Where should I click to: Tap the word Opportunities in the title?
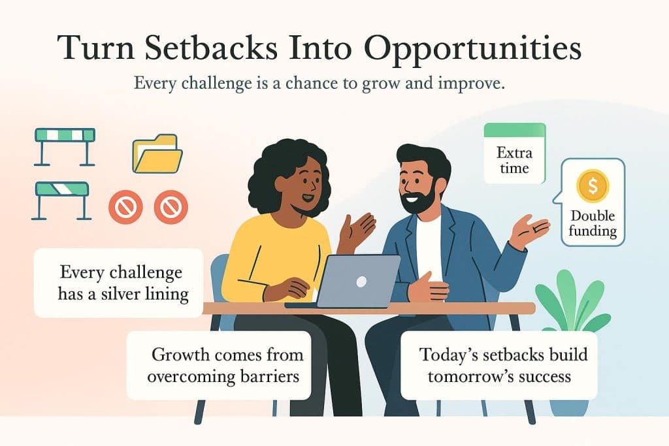coord(466,50)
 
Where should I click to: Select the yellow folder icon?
coord(157,155)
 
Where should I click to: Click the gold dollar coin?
coord(593,186)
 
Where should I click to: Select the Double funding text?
coord(593,223)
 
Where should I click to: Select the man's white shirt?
coord(429,242)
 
